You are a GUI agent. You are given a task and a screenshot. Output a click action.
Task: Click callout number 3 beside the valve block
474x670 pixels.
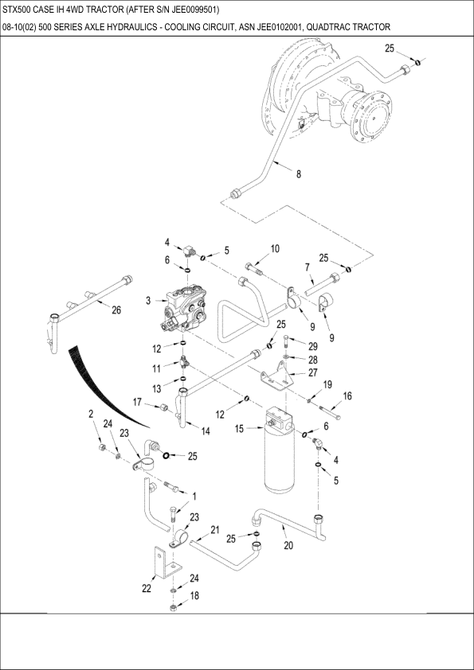[148, 301]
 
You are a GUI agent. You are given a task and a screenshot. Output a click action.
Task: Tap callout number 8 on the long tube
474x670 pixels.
[299, 174]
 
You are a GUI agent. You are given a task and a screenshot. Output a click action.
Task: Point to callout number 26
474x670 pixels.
[116, 310]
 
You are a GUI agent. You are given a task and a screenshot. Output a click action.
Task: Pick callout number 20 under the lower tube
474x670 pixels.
[288, 546]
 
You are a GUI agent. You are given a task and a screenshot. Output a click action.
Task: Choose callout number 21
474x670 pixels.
[215, 530]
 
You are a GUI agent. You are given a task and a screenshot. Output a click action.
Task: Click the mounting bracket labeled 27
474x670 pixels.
[276, 376]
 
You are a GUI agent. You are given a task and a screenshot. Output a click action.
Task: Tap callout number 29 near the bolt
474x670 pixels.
[313, 346]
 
